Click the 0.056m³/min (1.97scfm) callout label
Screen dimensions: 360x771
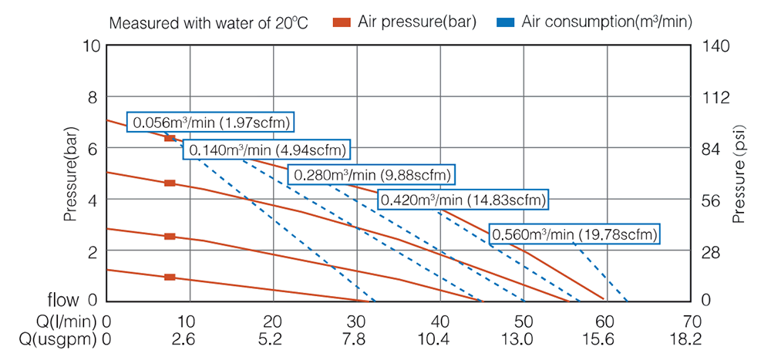[x=212, y=122]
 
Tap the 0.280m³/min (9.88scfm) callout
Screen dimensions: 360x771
[x=371, y=175]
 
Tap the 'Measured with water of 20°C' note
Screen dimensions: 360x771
[x=208, y=22]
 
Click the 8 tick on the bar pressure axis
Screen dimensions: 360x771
[x=93, y=98]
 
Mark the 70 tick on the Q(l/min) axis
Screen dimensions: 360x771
[x=691, y=321]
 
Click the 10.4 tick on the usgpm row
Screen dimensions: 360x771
[x=439, y=339]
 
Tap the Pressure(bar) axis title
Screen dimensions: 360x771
[x=71, y=174]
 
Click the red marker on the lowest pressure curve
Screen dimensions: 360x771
[x=170, y=277]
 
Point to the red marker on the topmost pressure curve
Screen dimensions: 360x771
[x=170, y=138]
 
